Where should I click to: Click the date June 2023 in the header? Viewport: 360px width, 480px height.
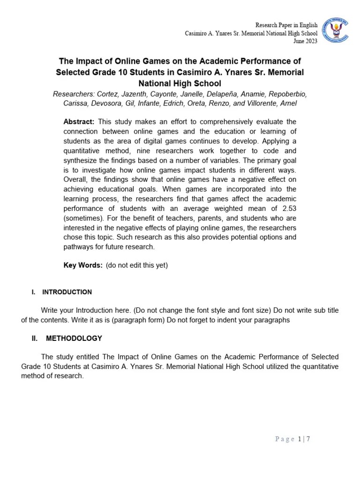click(305, 41)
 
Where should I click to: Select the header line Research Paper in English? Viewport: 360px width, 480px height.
click(286, 25)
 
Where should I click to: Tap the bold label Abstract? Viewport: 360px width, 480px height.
click(79, 121)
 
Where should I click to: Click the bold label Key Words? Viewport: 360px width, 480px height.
click(83, 265)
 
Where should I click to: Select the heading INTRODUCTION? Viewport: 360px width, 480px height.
click(67, 292)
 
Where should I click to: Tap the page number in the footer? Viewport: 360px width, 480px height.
click(300, 439)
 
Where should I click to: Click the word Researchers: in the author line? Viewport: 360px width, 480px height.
click(73, 94)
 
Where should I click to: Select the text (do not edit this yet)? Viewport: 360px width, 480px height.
click(136, 265)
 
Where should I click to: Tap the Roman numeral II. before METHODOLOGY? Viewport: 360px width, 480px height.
click(35, 338)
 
